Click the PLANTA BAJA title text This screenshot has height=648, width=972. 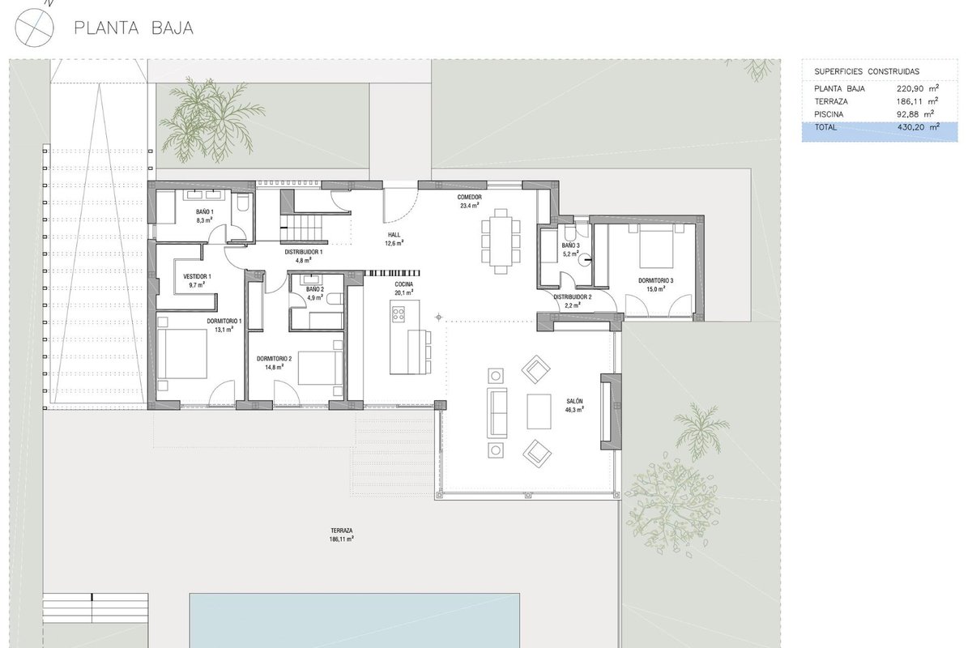[134, 28]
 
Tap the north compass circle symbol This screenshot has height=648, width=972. [34, 28]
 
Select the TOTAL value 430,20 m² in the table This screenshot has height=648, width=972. [919, 127]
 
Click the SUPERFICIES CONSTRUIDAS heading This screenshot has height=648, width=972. [867, 71]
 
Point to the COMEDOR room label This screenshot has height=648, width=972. [470, 197]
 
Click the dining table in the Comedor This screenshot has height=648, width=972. [501, 241]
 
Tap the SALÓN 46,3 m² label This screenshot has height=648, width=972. [574, 405]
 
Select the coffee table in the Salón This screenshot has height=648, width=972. [539, 411]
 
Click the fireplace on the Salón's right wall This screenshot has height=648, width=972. [611, 411]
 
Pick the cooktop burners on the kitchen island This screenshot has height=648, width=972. [399, 314]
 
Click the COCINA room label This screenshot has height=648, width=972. [403, 284]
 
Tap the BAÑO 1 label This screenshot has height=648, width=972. [204, 211]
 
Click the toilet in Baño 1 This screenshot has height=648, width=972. [243, 202]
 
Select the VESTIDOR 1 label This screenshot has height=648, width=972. [197, 276]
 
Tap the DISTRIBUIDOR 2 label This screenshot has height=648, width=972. [573, 297]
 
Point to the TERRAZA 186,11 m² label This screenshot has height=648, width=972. [342, 535]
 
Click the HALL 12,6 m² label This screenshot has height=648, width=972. [394, 239]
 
